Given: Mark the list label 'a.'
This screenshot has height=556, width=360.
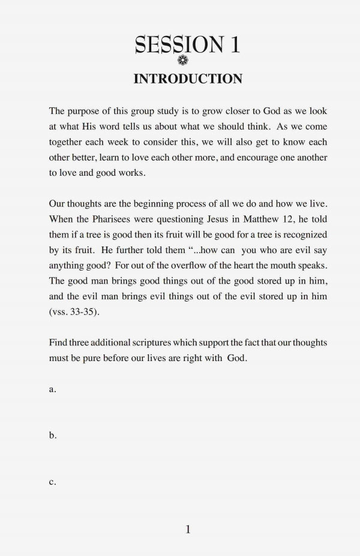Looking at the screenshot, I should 53,389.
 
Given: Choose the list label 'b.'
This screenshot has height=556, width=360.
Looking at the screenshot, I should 53,436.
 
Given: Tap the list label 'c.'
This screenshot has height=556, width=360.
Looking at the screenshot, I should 53,483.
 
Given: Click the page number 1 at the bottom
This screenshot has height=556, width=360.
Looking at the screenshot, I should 188,528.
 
